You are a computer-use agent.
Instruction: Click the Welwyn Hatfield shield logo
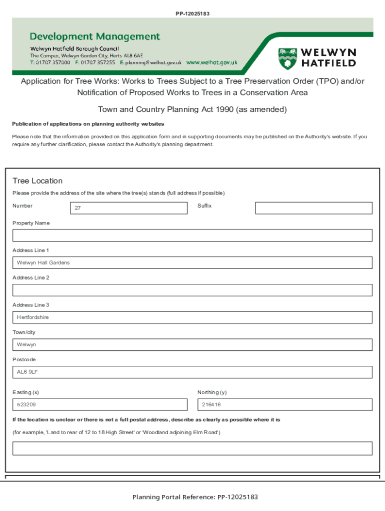(287, 58)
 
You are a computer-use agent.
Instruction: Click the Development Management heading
(95, 36)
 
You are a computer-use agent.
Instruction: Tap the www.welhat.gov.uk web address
(212, 63)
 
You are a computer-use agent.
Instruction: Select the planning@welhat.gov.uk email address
(153, 63)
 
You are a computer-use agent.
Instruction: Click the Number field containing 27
(128, 208)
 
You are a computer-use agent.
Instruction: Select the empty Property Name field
(192, 236)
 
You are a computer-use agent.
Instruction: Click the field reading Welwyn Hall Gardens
(192, 262)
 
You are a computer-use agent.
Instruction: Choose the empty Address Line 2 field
(192, 290)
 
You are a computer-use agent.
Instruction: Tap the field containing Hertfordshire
(192, 317)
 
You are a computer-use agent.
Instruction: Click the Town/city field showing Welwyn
(192, 345)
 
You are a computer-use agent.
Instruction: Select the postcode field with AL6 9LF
(192, 372)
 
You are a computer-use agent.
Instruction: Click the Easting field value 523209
(99, 405)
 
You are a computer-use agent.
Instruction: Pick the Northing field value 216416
(285, 405)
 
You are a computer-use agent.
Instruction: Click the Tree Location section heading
(37, 181)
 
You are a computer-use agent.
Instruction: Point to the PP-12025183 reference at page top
(192, 13)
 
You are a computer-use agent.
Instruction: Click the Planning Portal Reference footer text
(195, 497)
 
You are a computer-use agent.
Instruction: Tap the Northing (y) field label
(212, 392)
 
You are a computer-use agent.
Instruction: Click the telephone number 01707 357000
(53, 63)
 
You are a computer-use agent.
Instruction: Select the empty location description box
(192, 448)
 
